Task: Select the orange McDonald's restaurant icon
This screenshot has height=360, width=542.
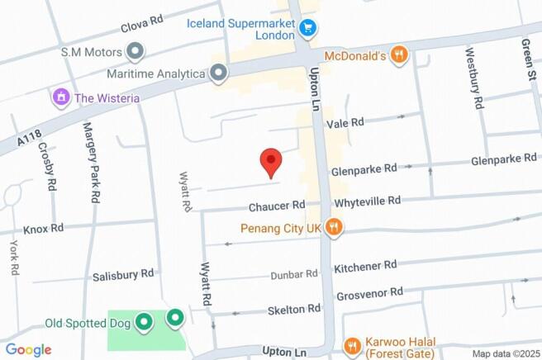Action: (399, 55)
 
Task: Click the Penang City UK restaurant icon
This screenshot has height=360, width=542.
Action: (333, 227)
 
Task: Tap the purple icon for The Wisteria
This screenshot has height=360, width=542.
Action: (59, 97)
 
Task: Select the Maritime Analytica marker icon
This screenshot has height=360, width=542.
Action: (218, 74)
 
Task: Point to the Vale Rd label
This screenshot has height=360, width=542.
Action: (345, 122)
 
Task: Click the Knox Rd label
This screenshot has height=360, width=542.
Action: (44, 228)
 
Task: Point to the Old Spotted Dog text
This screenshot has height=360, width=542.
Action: (88, 323)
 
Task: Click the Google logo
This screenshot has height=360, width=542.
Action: (28, 349)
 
